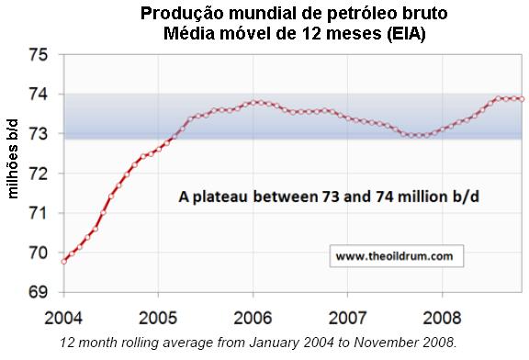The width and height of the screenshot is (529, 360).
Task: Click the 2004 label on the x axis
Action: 64,319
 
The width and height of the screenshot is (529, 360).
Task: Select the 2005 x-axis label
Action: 158,319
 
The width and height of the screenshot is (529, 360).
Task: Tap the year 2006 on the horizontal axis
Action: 253,319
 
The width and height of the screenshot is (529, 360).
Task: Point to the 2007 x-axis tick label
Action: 347,319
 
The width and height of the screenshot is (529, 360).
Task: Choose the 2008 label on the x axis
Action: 442,319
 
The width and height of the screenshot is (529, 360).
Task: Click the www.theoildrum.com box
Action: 393,258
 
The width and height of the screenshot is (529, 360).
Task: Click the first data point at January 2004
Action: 63,261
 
